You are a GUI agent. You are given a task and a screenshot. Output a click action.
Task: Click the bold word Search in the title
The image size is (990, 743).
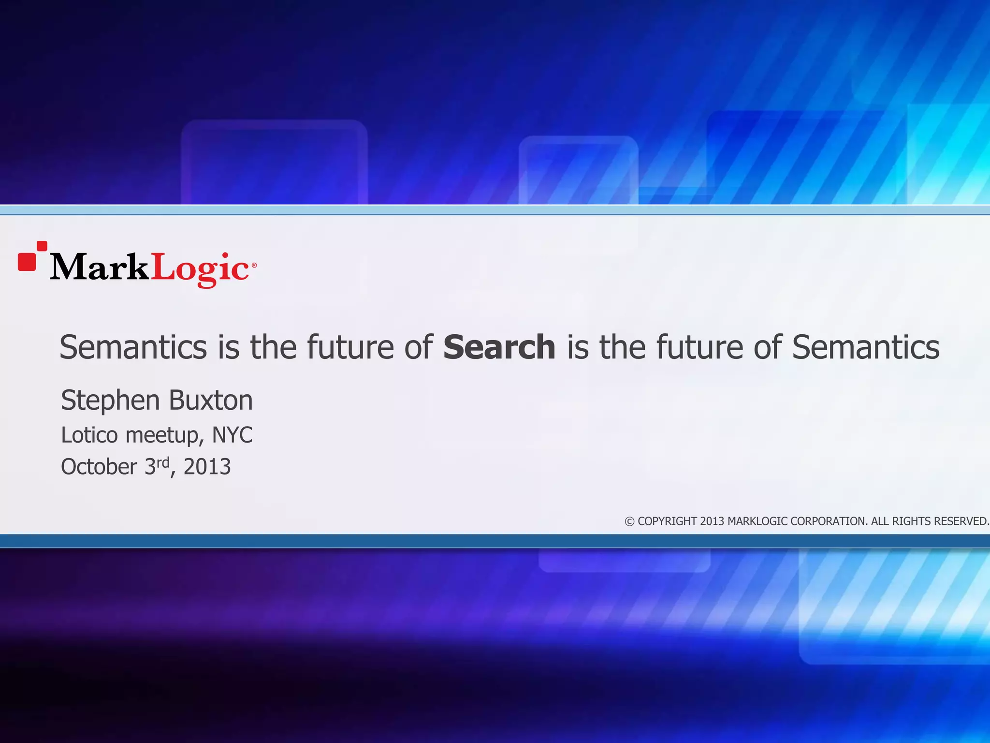coord(499,347)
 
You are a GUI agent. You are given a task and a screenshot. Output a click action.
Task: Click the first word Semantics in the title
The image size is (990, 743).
coord(133,347)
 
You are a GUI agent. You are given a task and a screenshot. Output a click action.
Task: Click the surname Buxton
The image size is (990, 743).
coord(211,401)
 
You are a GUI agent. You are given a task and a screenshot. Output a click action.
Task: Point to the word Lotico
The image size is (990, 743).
coord(89,435)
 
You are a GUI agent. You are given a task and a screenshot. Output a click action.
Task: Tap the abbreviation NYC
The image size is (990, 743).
coord(233,435)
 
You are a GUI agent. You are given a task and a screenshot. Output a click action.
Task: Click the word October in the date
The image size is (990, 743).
coord(99,467)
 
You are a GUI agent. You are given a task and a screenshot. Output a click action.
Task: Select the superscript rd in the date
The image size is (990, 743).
coord(163,462)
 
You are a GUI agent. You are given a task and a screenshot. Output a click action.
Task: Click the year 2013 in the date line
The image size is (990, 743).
coord(207,467)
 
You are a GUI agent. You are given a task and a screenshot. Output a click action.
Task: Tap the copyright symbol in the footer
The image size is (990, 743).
coord(629,521)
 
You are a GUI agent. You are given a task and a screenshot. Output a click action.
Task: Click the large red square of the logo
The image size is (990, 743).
coord(27,262)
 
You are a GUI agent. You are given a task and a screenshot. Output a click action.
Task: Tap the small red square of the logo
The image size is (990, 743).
coord(42,246)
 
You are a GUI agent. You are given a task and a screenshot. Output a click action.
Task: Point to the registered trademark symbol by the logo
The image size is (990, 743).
coord(254,265)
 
